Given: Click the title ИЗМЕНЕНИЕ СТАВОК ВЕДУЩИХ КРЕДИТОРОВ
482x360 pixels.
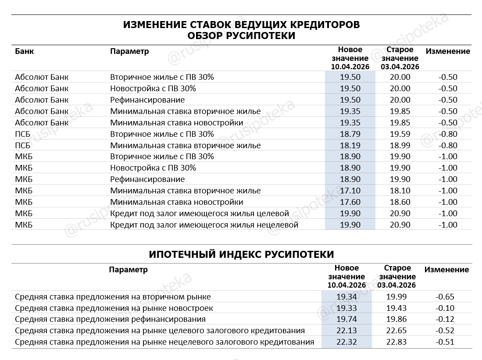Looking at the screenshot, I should click(x=241, y=25).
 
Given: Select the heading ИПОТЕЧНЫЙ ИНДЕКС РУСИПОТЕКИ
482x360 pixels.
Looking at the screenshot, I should click(x=241, y=254).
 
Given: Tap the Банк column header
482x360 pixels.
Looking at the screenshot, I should click(x=24, y=51).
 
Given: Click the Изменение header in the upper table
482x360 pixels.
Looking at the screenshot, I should click(x=448, y=51).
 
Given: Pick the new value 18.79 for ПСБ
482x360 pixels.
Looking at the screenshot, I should click(x=350, y=134).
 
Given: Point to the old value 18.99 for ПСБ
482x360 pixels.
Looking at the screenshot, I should click(x=400, y=146).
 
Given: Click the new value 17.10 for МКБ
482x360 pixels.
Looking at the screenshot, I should click(x=350, y=191).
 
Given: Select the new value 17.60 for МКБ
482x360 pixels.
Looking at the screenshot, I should click(x=350, y=202).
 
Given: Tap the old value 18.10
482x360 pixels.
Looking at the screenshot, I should click(x=400, y=191).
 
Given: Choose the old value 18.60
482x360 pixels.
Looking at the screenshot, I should click(x=400, y=202).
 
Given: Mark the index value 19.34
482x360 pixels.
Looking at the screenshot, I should click(x=346, y=297).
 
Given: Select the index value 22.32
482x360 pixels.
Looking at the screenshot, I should click(x=346, y=342).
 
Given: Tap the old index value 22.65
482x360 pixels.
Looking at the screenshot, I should click(x=396, y=331).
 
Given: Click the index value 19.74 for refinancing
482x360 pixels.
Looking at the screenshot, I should click(x=346, y=319).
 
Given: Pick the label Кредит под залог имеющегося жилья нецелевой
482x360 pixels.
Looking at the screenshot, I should click(x=204, y=225).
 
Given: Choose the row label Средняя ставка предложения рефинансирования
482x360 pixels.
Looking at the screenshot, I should click(x=110, y=319).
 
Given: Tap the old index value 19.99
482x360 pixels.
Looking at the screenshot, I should click(x=396, y=297).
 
